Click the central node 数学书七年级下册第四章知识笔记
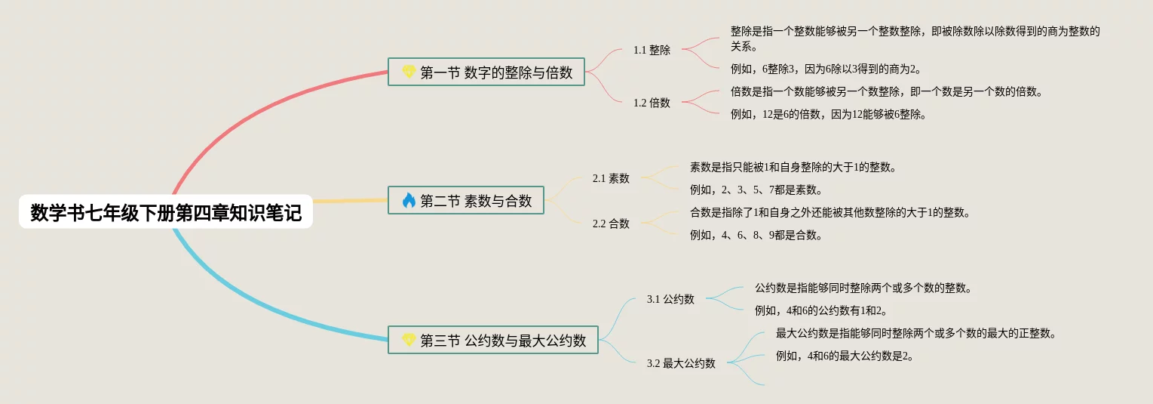pyautogui.click(x=166, y=214)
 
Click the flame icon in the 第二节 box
pyautogui.click(x=409, y=200)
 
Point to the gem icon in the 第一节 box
pyautogui.click(x=409, y=72)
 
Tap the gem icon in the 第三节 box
pyautogui.click(x=409, y=341)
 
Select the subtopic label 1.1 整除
pyautogui.click(x=652, y=50)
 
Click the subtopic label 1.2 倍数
pyautogui.click(x=652, y=103)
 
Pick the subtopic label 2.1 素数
pyautogui.click(x=611, y=178)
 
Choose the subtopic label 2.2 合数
pyautogui.click(x=611, y=224)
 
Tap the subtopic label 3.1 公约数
pyautogui.click(x=670, y=299)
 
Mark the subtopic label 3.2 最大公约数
pyautogui.click(x=681, y=363)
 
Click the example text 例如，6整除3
pyautogui.click(x=826, y=69)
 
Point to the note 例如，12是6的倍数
pyautogui.click(x=828, y=115)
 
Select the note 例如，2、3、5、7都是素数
pyautogui.click(x=756, y=190)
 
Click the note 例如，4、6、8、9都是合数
pyautogui.click(x=756, y=235)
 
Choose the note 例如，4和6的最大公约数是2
pyautogui.click(x=845, y=356)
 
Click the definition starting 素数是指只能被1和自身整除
pyautogui.click(x=793, y=167)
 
